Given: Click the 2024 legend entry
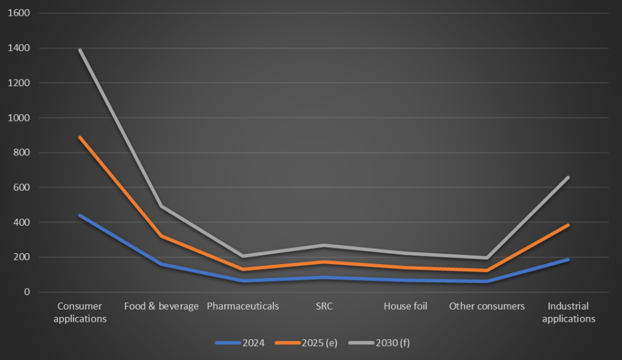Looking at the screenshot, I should click(241, 343).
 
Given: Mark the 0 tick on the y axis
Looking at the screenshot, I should click(27, 292).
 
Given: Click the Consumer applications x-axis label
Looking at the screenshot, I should click(80, 312).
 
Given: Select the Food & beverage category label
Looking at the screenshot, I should click(161, 306).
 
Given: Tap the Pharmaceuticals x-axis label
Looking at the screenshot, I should click(243, 306).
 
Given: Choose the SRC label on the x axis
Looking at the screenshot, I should click(324, 306).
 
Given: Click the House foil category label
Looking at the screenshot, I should click(405, 306).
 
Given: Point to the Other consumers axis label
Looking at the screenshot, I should click(487, 306).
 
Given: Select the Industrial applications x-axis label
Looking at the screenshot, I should click(569, 312).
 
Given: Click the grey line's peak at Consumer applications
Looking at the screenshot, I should click(80, 50).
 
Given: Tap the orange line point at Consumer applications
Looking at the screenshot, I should click(80, 137).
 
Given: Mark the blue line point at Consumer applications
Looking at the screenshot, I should click(80, 216).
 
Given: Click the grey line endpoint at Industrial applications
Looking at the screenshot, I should click(569, 177).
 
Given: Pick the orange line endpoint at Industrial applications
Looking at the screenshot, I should click(569, 225).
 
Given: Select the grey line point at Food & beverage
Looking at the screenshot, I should click(161, 206).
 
